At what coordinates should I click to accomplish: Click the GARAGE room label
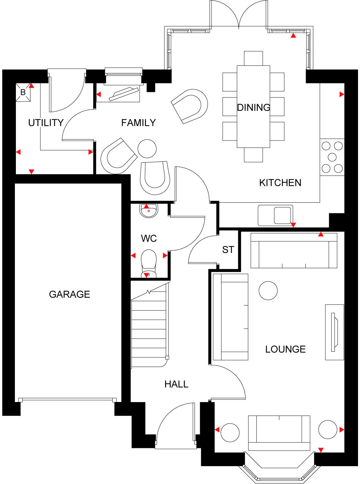(x=69, y=294)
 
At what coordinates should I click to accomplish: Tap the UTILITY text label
(x=46, y=123)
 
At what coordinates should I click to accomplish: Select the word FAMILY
(x=138, y=123)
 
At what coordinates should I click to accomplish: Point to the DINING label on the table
(x=253, y=107)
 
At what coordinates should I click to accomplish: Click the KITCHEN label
(x=280, y=183)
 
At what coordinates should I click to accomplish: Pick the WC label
(x=149, y=238)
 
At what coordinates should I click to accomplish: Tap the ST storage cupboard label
(x=228, y=250)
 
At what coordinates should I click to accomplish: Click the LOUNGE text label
(x=285, y=349)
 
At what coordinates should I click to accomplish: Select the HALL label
(x=176, y=384)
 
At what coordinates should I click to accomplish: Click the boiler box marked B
(x=23, y=92)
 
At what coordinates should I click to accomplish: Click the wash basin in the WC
(x=149, y=211)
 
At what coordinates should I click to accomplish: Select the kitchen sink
(x=282, y=215)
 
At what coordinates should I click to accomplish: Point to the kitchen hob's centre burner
(x=332, y=157)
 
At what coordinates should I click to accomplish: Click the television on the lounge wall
(x=335, y=332)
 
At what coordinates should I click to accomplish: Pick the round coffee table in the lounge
(x=268, y=291)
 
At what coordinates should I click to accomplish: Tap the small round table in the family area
(x=147, y=149)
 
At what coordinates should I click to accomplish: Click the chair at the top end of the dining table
(x=253, y=58)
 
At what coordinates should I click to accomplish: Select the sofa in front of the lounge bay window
(x=279, y=432)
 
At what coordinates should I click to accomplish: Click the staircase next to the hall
(x=149, y=331)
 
